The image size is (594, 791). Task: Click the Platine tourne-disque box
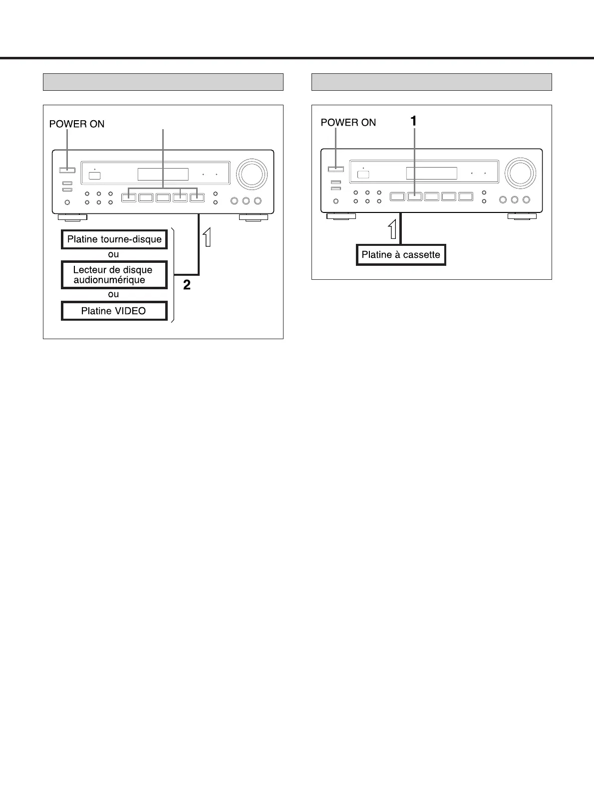click(x=114, y=239)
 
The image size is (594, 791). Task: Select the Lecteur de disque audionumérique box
click(x=114, y=275)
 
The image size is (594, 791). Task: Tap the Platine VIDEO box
click(x=114, y=311)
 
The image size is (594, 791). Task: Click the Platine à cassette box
click(x=401, y=255)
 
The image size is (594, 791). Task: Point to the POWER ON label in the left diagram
click(x=77, y=124)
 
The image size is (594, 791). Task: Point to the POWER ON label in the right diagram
click(x=348, y=122)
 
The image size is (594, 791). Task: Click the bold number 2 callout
click(x=187, y=285)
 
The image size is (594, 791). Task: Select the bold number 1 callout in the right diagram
click(x=413, y=120)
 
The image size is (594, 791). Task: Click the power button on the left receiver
click(x=67, y=170)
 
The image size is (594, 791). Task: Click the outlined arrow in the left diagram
click(x=206, y=236)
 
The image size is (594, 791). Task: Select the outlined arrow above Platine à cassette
click(x=393, y=229)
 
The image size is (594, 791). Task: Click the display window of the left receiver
click(x=163, y=174)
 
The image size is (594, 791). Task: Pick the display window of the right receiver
click(x=431, y=173)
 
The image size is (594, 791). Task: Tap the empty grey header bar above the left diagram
click(x=163, y=82)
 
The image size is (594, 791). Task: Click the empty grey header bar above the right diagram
click(x=432, y=82)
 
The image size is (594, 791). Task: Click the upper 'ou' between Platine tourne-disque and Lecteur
click(x=114, y=254)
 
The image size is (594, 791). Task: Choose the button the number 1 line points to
click(x=415, y=197)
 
